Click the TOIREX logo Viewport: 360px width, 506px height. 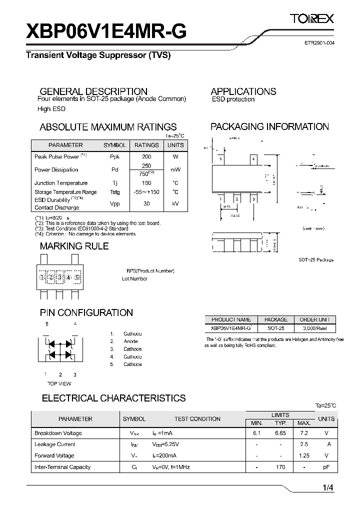(x=312, y=19)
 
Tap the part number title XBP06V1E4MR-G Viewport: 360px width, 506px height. (x=106, y=31)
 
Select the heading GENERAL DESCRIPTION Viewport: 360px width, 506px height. (x=93, y=91)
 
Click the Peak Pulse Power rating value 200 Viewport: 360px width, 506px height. (x=146, y=156)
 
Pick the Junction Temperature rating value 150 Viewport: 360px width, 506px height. (x=146, y=183)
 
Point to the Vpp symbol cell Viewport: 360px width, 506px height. (x=114, y=203)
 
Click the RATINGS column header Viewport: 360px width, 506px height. (x=146, y=145)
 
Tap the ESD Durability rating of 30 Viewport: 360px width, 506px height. (x=146, y=203)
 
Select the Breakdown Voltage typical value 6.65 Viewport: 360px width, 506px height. (x=280, y=433)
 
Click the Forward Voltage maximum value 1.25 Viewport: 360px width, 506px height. (x=303, y=455)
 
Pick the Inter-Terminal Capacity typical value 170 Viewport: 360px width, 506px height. (x=280, y=467)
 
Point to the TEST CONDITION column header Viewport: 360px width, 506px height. (x=197, y=419)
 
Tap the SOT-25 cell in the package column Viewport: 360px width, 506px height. (x=275, y=328)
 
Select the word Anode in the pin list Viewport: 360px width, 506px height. (x=131, y=341)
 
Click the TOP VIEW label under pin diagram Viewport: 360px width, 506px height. (x=59, y=383)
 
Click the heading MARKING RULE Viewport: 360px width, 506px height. (x=74, y=246)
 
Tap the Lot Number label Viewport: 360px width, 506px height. (x=134, y=278)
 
